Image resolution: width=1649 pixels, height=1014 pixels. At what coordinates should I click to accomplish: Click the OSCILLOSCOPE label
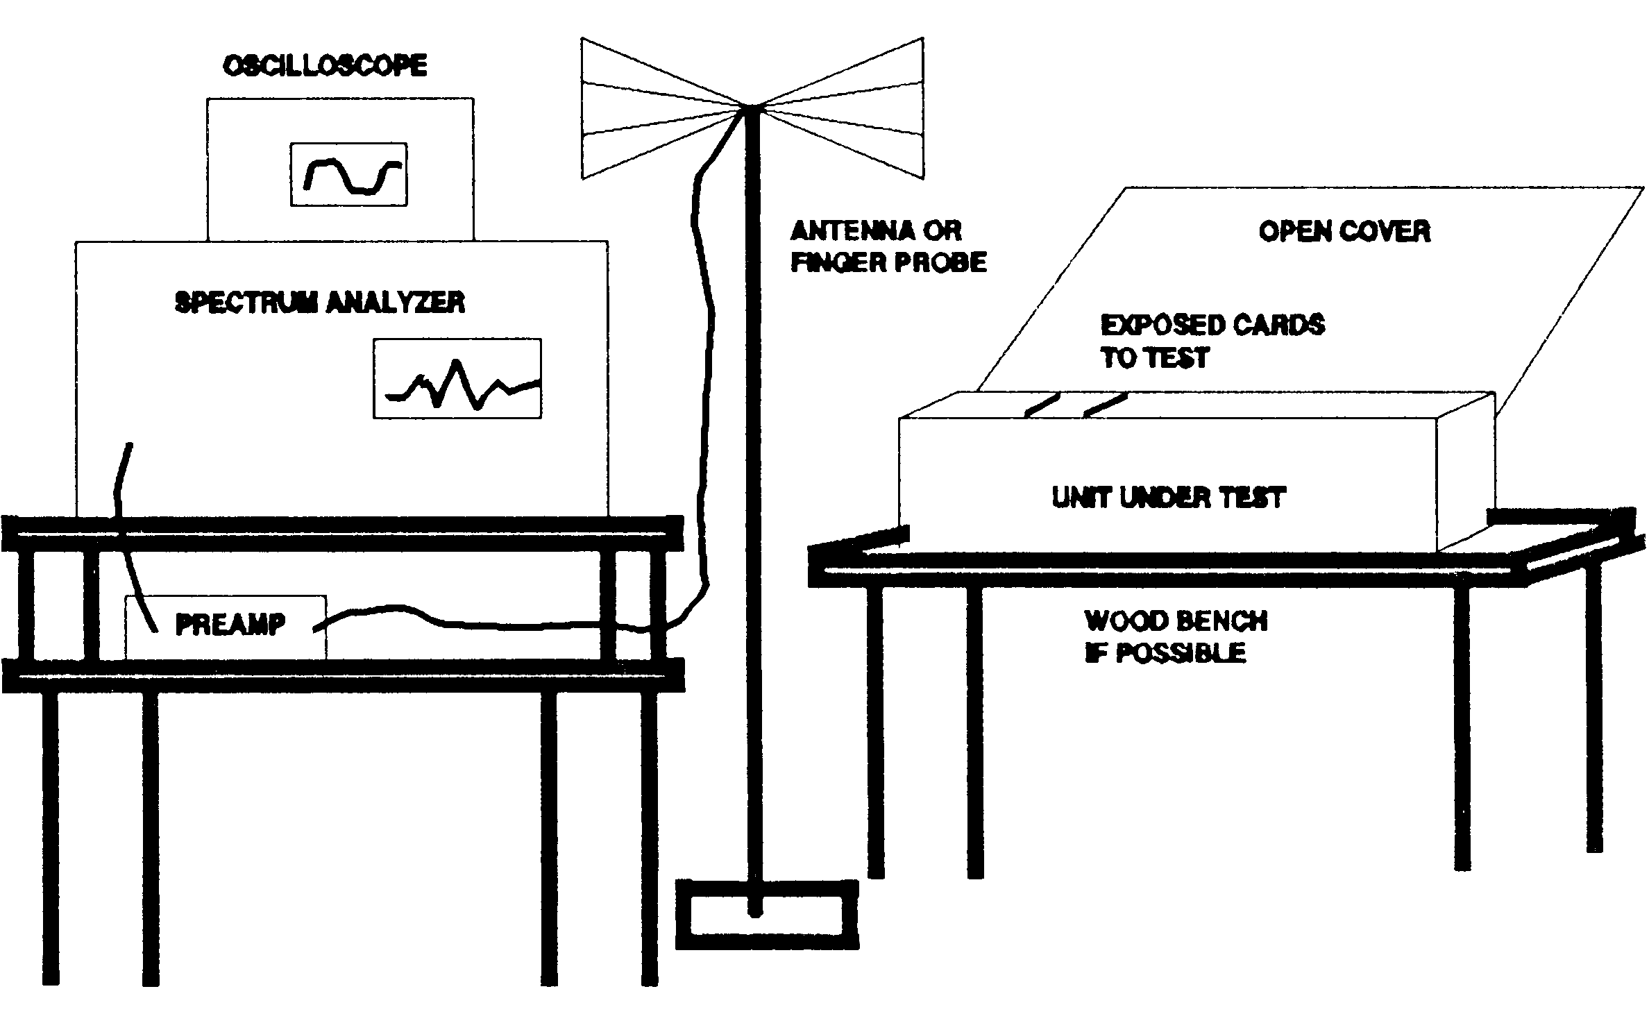pyautogui.click(x=325, y=66)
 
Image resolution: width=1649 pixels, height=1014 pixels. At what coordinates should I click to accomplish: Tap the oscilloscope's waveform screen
pyautogui.click(x=348, y=175)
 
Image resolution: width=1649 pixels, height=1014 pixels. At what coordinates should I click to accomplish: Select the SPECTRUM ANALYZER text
pyautogui.click(x=320, y=303)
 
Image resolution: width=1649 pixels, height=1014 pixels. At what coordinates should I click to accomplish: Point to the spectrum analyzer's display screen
pyautogui.click(x=457, y=379)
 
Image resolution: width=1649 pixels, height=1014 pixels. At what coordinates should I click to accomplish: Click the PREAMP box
pyautogui.click(x=226, y=627)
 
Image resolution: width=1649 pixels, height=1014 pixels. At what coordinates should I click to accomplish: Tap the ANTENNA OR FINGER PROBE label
pyautogui.click(x=888, y=246)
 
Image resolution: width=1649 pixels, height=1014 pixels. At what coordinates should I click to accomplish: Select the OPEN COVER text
pyautogui.click(x=1344, y=232)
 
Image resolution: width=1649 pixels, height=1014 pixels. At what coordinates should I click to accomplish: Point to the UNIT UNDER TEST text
pyautogui.click(x=1169, y=498)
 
